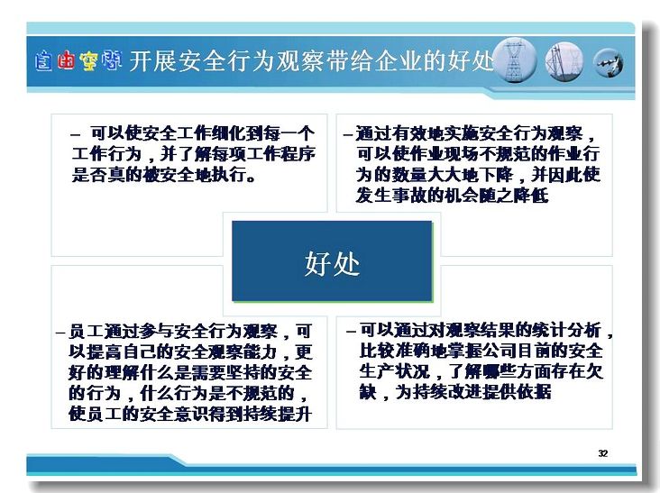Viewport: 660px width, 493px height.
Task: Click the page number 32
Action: [x=603, y=453]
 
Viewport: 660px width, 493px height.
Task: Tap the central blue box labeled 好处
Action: [x=332, y=261]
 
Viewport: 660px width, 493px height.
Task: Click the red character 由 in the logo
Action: [x=66, y=60]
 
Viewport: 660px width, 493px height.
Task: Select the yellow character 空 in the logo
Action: [x=89, y=60]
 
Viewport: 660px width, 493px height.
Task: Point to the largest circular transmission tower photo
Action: [x=515, y=60]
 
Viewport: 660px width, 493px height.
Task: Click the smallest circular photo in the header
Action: [x=609, y=63]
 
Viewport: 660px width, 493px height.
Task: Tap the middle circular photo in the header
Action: [x=564, y=61]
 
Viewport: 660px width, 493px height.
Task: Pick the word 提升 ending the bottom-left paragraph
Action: [x=295, y=414]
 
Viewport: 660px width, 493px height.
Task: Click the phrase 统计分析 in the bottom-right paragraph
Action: [x=566, y=330]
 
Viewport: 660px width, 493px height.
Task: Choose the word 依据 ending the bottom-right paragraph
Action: [x=534, y=392]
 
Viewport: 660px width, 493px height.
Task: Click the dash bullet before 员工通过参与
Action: [x=60, y=333]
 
